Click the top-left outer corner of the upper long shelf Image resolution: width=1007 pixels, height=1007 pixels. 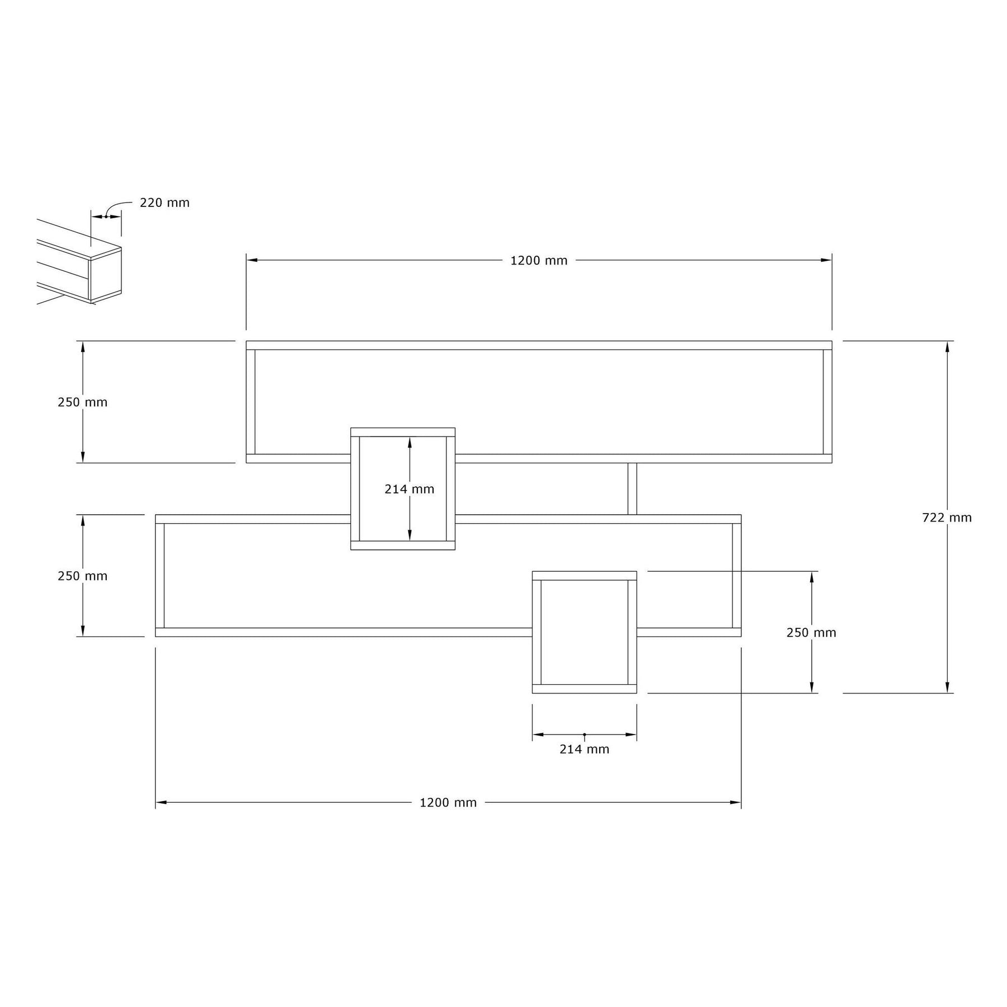(246, 341)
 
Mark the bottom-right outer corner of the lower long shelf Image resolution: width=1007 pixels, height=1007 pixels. (741, 637)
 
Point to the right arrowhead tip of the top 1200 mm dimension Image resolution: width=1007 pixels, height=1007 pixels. (831, 260)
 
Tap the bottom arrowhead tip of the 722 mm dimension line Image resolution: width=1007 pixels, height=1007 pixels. (947, 693)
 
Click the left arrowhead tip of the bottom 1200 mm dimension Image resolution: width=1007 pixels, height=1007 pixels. (156, 803)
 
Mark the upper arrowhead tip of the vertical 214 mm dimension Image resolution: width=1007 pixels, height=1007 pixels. (410, 437)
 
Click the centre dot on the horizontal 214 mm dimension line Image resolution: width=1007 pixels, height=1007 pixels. (585, 735)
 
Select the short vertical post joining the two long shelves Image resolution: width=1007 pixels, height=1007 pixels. (632, 489)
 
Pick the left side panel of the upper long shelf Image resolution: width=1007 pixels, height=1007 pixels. (251, 402)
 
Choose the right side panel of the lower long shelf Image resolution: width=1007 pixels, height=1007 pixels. (737, 576)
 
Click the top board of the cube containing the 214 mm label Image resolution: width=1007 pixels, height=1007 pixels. (403, 432)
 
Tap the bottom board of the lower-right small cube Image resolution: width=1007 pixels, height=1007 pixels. (585, 689)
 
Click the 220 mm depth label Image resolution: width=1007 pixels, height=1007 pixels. (164, 203)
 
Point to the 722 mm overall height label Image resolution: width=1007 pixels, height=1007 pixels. (947, 518)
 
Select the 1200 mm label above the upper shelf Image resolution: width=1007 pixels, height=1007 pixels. (539, 261)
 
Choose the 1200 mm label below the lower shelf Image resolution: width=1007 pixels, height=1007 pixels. (448, 803)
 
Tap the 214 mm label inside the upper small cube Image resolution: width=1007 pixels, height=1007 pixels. (410, 489)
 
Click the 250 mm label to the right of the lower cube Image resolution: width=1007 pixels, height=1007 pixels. (811, 633)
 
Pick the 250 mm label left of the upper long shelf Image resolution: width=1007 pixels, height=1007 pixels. (83, 402)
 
